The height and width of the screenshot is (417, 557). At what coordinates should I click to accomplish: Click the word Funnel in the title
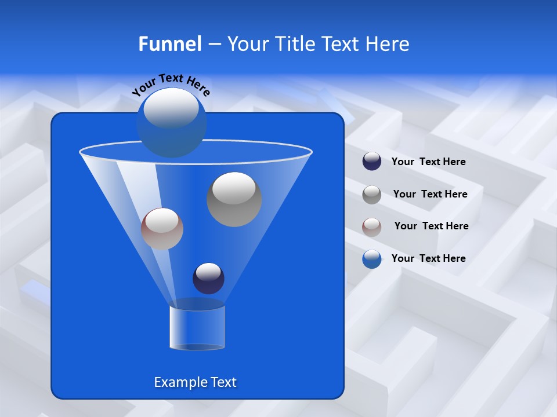[x=169, y=44]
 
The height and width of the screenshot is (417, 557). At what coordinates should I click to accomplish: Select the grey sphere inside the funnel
[x=234, y=200]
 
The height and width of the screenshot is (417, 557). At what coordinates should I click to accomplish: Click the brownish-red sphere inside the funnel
[x=162, y=229]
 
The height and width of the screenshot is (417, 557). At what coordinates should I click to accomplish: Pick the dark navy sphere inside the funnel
[x=208, y=279]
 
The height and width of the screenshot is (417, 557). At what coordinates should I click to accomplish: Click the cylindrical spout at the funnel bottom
[x=197, y=327]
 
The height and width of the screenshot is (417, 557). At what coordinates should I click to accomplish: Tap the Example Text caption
[x=195, y=382]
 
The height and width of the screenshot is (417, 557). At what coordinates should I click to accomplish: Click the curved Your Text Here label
[x=171, y=84]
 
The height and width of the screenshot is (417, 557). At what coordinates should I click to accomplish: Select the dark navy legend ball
[x=372, y=162]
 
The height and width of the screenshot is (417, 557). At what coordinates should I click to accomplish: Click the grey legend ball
[x=372, y=195]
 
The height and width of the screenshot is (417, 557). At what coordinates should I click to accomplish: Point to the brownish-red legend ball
[x=372, y=226]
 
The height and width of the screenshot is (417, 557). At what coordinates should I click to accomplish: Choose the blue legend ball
[x=372, y=259]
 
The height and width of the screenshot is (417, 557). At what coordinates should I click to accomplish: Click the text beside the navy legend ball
[x=428, y=162]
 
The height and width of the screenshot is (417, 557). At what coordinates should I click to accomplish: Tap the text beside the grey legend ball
[x=430, y=195]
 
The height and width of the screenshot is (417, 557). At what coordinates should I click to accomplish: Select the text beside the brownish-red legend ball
[x=431, y=226]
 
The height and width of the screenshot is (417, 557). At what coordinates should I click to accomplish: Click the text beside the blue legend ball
[x=428, y=259]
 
